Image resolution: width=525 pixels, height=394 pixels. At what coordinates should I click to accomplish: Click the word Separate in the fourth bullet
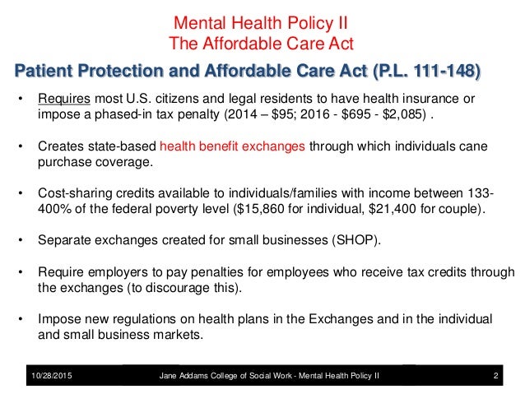click(x=64, y=242)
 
